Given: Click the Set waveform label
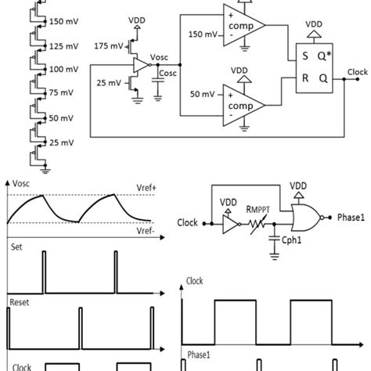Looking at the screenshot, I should tap(16, 245).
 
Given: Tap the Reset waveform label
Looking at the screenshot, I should tap(20, 301).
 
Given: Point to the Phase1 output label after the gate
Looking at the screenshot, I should tap(352, 214).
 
